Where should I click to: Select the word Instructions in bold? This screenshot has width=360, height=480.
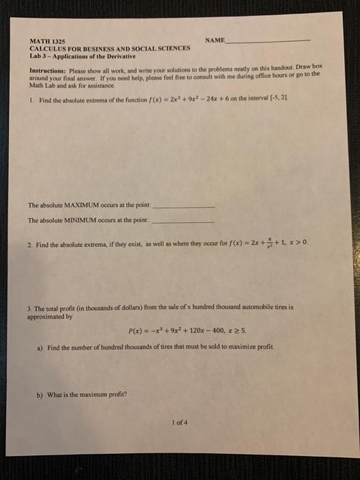pos(47,71)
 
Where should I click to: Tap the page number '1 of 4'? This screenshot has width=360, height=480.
pos(180,422)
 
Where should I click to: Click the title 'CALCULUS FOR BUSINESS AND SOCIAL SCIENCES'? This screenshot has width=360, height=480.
pos(110,49)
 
